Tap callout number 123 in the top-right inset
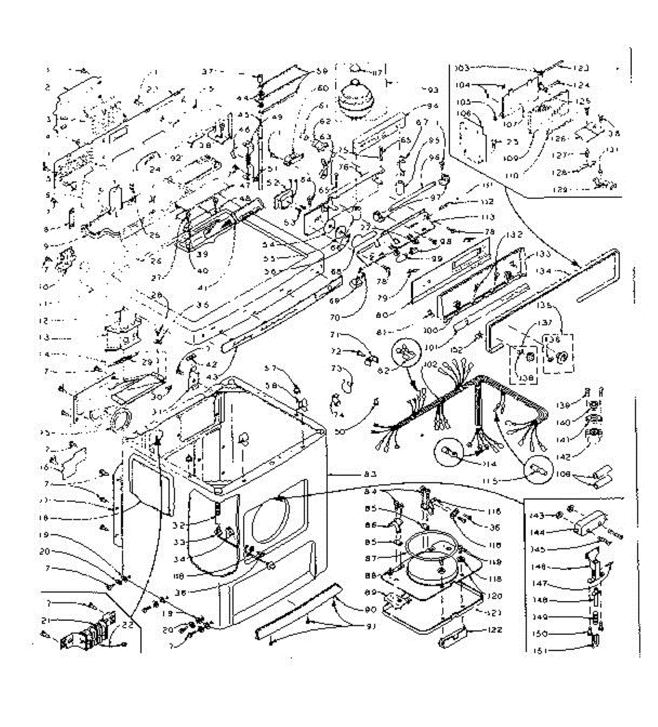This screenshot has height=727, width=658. click(581, 68)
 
